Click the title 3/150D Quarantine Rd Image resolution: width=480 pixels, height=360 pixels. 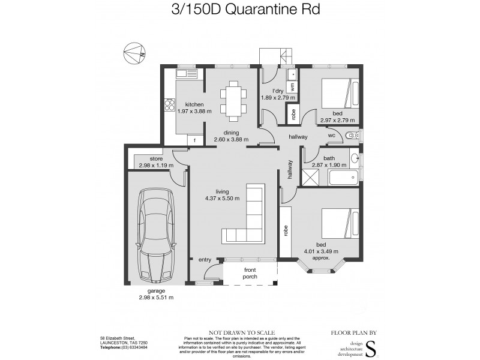(x=240, y=10)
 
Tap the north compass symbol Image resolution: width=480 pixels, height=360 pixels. (x=134, y=55)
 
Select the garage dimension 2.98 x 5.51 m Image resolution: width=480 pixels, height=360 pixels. (x=155, y=297)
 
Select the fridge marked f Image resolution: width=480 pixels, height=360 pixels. (x=195, y=140)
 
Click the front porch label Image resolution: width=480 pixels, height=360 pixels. (x=250, y=274)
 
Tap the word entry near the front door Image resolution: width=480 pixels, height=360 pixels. (x=205, y=260)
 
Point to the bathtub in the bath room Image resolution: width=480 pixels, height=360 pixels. (x=343, y=178)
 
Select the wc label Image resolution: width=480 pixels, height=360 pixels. (x=331, y=136)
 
